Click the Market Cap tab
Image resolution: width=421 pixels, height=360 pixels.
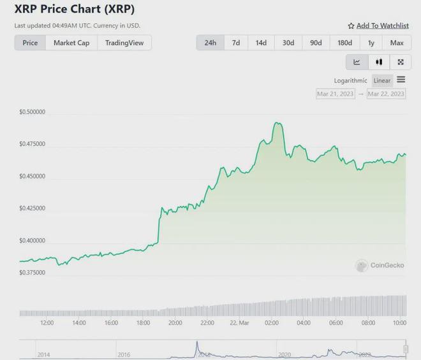71,43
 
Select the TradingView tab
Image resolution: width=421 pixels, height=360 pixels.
124,43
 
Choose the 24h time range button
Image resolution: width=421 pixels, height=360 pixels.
210,43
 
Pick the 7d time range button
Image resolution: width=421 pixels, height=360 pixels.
236,43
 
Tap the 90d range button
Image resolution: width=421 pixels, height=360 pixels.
316,43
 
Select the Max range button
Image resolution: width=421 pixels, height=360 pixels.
397,43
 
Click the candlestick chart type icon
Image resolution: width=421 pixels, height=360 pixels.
379,62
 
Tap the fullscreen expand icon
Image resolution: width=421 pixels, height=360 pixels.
401,62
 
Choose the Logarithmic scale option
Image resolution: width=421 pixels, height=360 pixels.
350,80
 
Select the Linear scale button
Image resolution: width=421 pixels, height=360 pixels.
382,80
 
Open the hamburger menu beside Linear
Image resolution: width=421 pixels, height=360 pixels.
401,80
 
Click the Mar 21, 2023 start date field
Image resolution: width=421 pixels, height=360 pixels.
335,94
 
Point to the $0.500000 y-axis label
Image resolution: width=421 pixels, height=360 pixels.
32,112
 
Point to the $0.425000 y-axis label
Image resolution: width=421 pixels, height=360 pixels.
32,208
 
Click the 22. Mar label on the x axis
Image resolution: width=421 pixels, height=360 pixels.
239,323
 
